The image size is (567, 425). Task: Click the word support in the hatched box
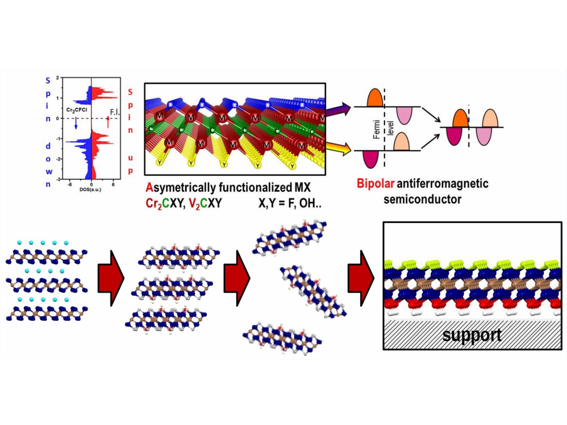click(x=471, y=336)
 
